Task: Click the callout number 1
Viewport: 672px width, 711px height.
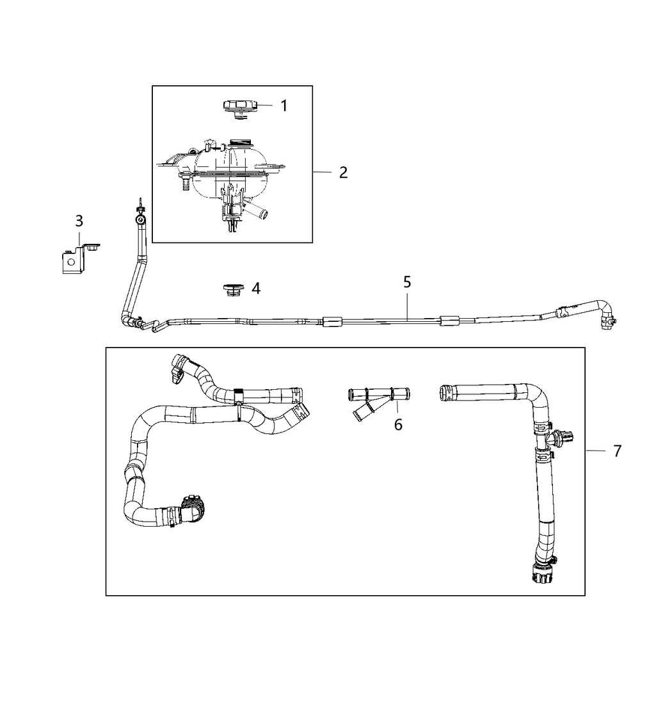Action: pos(284,106)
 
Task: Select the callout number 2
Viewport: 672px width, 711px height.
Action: pos(344,172)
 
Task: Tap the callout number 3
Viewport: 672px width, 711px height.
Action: pos(79,221)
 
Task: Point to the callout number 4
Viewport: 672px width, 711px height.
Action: pos(256,289)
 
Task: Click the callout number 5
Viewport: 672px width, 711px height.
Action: pos(407,282)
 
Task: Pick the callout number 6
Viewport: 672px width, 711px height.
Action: pos(398,424)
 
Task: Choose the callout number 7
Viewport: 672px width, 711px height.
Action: pos(617,451)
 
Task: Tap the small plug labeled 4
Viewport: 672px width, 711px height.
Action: pos(230,290)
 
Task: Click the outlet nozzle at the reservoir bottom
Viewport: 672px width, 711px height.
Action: pos(257,209)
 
